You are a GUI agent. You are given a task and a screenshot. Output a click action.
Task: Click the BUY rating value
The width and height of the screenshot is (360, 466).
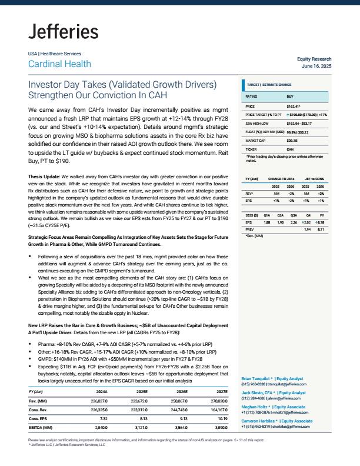(x=290, y=96)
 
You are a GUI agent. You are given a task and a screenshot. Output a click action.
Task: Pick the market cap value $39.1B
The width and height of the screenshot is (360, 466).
(x=292, y=141)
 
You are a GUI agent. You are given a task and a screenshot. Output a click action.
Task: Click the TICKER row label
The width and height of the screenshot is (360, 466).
(x=252, y=149)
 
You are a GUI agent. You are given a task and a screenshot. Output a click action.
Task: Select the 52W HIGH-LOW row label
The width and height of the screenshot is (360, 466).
(x=258, y=124)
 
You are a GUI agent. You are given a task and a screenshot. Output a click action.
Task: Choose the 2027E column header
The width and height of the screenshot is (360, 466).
(x=221, y=391)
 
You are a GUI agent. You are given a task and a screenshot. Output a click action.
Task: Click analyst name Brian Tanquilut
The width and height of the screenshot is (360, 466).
(x=259, y=378)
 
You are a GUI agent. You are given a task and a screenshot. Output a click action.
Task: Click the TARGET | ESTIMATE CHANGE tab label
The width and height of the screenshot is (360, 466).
(x=269, y=85)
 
